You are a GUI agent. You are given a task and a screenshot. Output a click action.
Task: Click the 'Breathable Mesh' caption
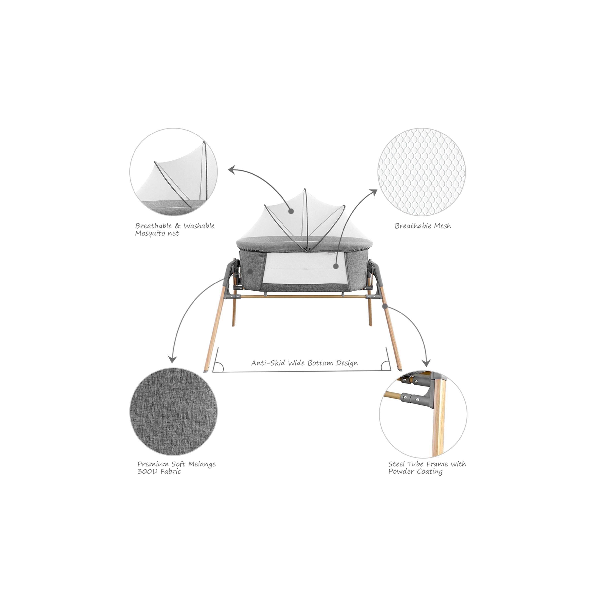click(x=423, y=226)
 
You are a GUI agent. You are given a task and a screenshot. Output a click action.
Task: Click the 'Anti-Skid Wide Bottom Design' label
click(x=305, y=363)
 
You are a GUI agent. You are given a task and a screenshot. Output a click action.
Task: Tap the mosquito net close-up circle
click(x=173, y=172)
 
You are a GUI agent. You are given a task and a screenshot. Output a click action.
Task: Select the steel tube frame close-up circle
click(x=423, y=414)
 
